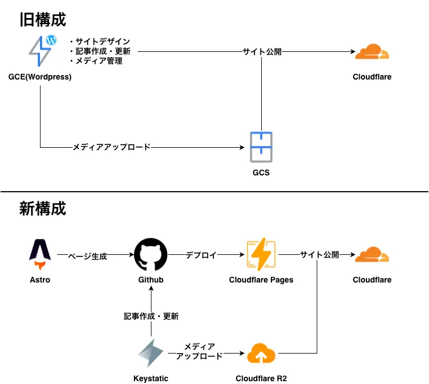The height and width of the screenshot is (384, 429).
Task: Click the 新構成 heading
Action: pos(43,209)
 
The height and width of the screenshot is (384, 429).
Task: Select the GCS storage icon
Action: pos(261,147)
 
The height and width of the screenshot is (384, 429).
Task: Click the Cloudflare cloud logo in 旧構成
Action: pos(372,53)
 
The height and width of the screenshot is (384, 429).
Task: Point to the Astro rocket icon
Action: pos(40,254)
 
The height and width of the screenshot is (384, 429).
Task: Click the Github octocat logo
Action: pos(151,255)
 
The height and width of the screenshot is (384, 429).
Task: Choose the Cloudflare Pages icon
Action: pos(261,255)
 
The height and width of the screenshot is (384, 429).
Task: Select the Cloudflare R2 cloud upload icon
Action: pos(261,354)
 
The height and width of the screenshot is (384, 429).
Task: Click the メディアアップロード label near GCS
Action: pos(111,147)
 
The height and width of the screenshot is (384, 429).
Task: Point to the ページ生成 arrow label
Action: pos(87,255)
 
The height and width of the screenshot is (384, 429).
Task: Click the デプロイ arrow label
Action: pos(201,255)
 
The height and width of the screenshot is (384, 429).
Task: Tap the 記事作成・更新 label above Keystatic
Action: pos(151,317)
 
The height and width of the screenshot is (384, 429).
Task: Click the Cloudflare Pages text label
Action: pos(261,280)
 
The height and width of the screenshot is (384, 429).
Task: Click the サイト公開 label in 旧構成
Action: pos(262,52)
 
